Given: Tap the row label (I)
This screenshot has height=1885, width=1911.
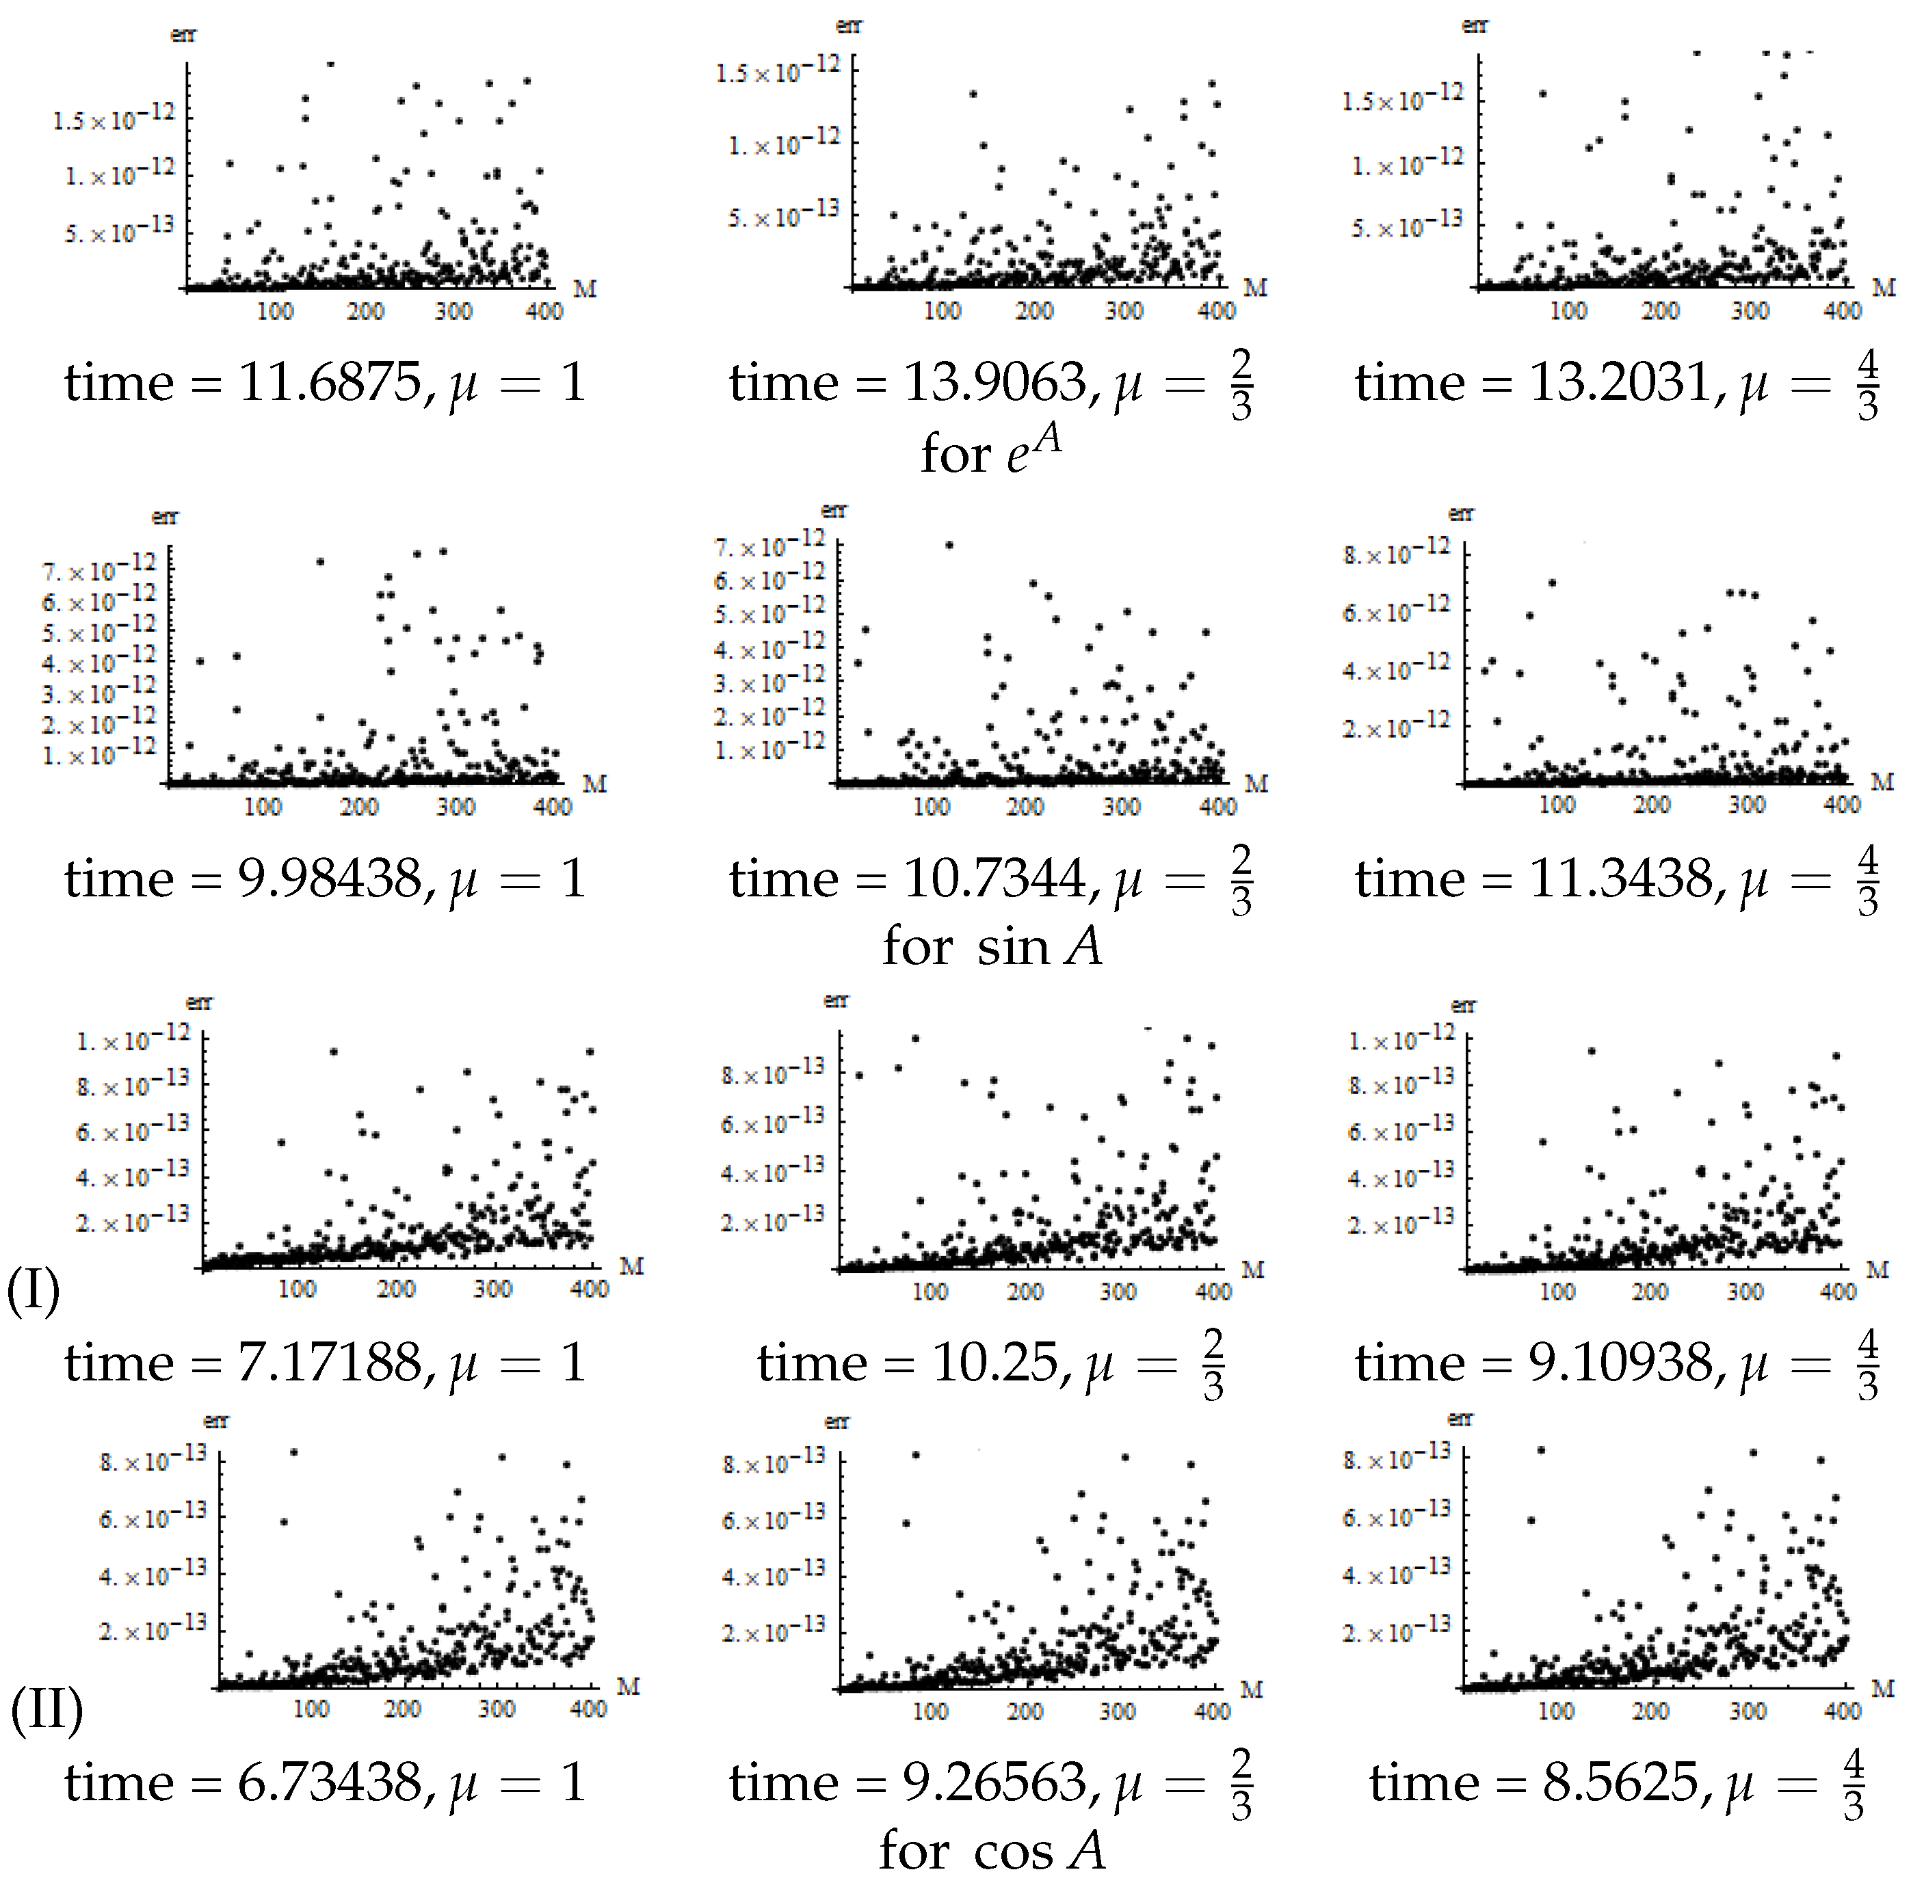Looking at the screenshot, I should coord(34,1291).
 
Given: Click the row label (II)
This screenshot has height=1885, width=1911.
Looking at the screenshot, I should coord(46,1710).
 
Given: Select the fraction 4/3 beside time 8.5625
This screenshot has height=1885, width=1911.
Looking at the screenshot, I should coord(1853,1786).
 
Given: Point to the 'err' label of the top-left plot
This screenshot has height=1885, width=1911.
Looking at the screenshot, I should coord(183,36).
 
